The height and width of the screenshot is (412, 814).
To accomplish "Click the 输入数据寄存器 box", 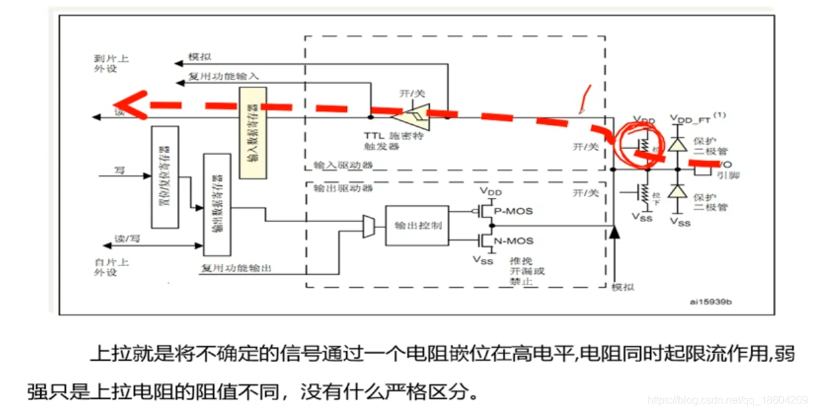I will click(253, 132).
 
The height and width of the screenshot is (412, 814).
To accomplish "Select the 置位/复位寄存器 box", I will click(165, 177).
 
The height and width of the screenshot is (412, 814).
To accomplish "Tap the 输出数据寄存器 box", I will click(217, 204).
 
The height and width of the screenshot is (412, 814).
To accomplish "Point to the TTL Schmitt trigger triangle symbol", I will click(411, 117).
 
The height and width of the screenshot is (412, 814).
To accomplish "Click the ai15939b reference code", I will click(711, 302).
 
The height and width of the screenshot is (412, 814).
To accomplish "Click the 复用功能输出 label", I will click(236, 269).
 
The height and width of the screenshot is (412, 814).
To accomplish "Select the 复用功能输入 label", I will click(224, 78).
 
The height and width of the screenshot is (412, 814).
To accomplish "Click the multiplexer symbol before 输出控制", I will click(369, 225).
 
